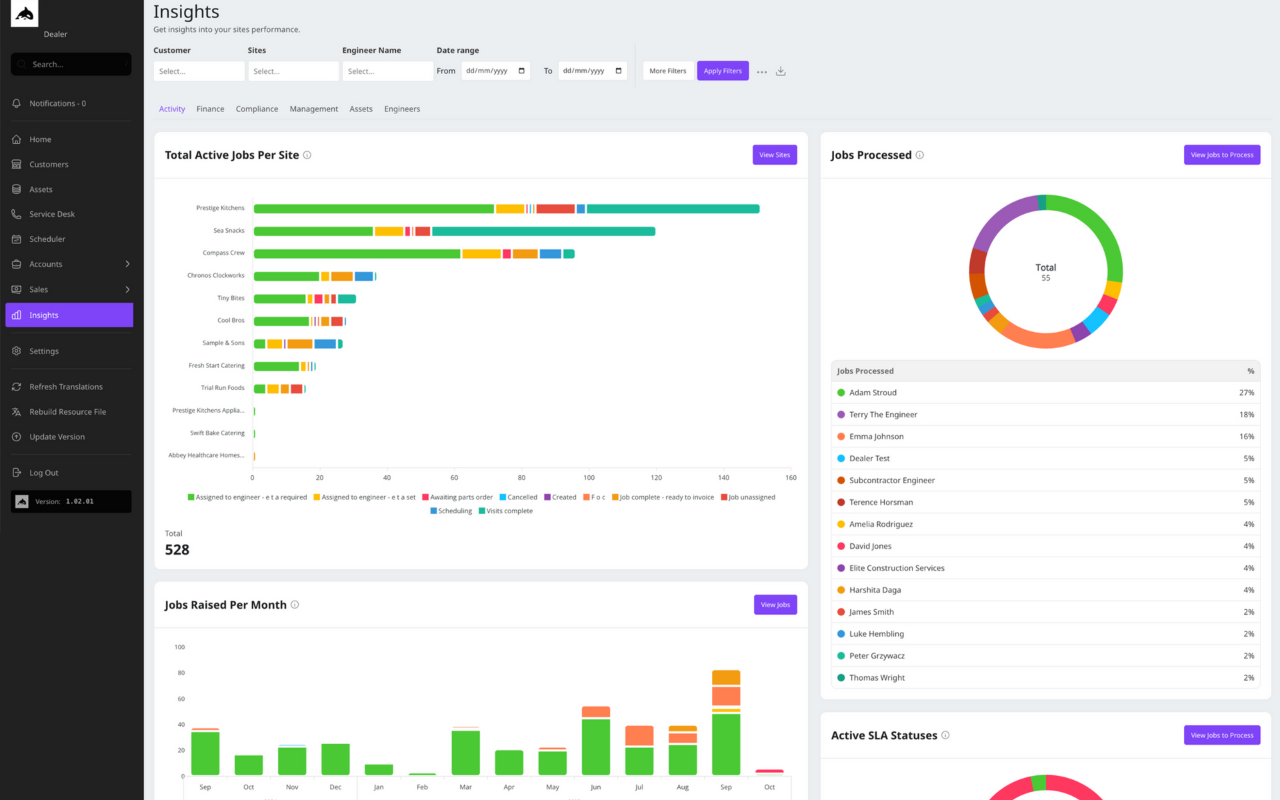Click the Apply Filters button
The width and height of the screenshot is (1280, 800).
click(x=723, y=71)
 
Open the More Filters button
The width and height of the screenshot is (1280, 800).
click(x=667, y=71)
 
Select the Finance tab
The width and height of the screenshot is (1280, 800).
click(x=210, y=109)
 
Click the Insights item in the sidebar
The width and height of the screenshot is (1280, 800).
click(x=69, y=315)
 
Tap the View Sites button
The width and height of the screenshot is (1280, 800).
click(x=775, y=155)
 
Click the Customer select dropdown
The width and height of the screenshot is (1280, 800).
click(x=199, y=71)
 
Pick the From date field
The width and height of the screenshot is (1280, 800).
click(x=495, y=71)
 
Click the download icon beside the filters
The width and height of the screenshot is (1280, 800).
click(x=781, y=71)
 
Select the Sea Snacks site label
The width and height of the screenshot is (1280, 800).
click(x=229, y=231)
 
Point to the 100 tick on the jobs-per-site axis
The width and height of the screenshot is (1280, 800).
click(x=589, y=478)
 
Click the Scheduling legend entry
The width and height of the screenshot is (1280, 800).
click(x=451, y=511)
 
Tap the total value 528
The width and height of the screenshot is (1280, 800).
click(x=177, y=550)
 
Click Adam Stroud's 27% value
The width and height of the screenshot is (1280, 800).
click(x=1247, y=393)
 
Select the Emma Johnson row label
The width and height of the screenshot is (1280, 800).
click(x=877, y=437)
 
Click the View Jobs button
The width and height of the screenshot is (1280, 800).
click(x=775, y=605)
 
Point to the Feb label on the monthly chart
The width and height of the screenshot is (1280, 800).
click(x=422, y=787)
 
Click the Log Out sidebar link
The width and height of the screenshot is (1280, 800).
click(x=43, y=473)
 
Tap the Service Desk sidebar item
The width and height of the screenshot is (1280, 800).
click(x=52, y=214)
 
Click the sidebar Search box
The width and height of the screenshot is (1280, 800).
click(x=71, y=64)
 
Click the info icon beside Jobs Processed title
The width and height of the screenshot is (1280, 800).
click(x=920, y=155)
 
